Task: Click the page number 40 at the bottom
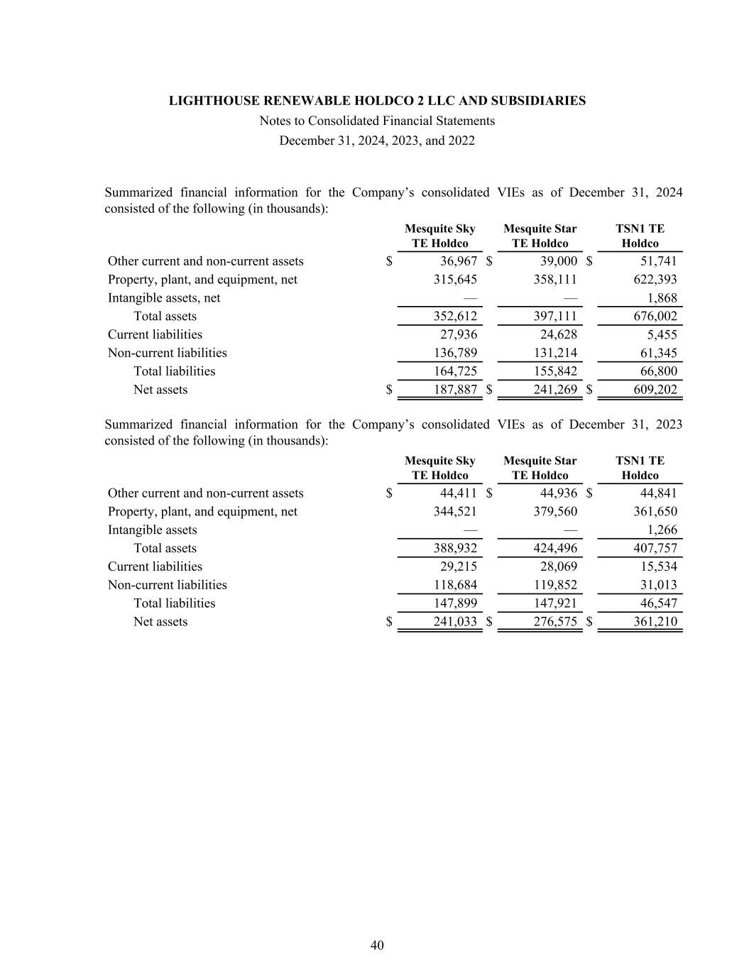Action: pyautogui.click(x=377, y=945)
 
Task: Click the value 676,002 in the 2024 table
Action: pyautogui.click(x=655, y=317)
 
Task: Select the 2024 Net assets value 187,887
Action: pyautogui.click(x=455, y=390)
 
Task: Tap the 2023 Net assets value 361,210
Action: pyautogui.click(x=655, y=622)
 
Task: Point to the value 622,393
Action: pyautogui.click(x=655, y=280)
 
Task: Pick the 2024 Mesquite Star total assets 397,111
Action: pyautogui.click(x=555, y=317)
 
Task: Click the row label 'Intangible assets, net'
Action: pyautogui.click(x=164, y=298)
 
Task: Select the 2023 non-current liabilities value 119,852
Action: pyautogui.click(x=555, y=585)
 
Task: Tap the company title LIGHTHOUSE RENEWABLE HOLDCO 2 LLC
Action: pyautogui.click(x=377, y=101)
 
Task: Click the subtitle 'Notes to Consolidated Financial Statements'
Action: pyautogui.click(x=377, y=121)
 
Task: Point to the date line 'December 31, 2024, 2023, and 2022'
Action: pyautogui.click(x=377, y=141)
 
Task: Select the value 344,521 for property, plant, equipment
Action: pyautogui.click(x=455, y=512)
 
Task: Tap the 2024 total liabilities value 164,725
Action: pyautogui.click(x=455, y=371)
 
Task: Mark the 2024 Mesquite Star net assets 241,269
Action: pyautogui.click(x=555, y=390)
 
